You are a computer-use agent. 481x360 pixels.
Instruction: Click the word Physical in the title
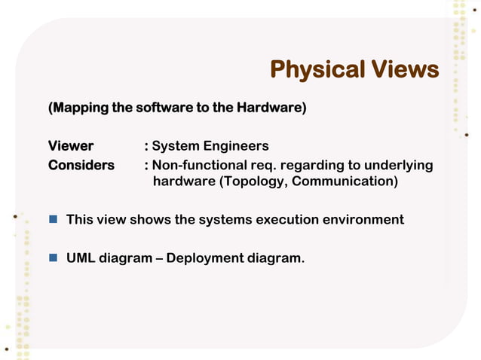coord(317,71)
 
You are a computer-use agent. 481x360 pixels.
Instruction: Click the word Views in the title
coord(404,71)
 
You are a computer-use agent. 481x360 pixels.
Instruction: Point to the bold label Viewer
coord(71,146)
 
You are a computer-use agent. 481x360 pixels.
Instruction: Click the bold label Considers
coord(81,165)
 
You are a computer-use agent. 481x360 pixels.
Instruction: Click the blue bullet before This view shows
coord(54,220)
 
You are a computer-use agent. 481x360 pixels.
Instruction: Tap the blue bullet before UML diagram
coord(54,258)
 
